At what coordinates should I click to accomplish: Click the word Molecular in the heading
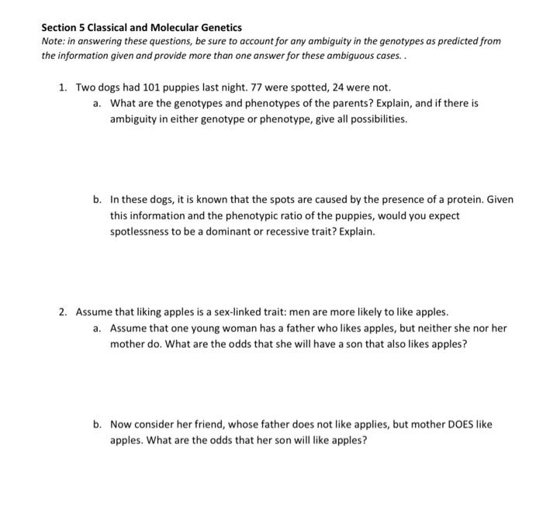167,27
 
